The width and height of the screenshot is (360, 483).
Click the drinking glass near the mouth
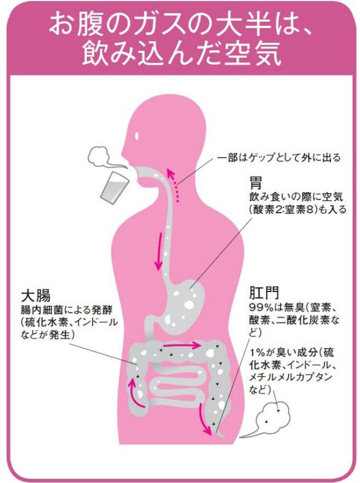[114, 187]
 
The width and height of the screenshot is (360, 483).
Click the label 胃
[255, 183]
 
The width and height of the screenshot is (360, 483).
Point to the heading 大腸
[35, 296]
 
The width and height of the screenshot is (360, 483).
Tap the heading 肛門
[264, 293]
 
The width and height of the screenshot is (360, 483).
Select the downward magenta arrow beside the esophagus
[159, 251]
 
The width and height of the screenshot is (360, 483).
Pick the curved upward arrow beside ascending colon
[135, 393]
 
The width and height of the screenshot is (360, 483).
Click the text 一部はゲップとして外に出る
[279, 158]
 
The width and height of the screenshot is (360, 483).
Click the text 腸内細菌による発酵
[66, 310]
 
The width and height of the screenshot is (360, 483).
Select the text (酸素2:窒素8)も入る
[298, 209]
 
